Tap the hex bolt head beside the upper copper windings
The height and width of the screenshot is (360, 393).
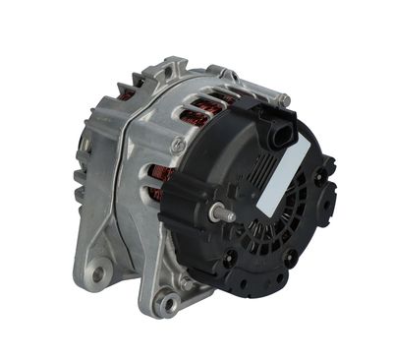pyautogui.click(x=177, y=145)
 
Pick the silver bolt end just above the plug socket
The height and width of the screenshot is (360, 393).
pyautogui.click(x=282, y=99)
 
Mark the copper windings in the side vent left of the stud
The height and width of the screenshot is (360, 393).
pyautogui.click(x=158, y=183)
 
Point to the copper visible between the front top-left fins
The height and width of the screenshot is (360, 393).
pyautogui.click(x=126, y=94)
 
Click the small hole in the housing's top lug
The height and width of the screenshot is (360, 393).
pyautogui.click(x=176, y=68)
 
